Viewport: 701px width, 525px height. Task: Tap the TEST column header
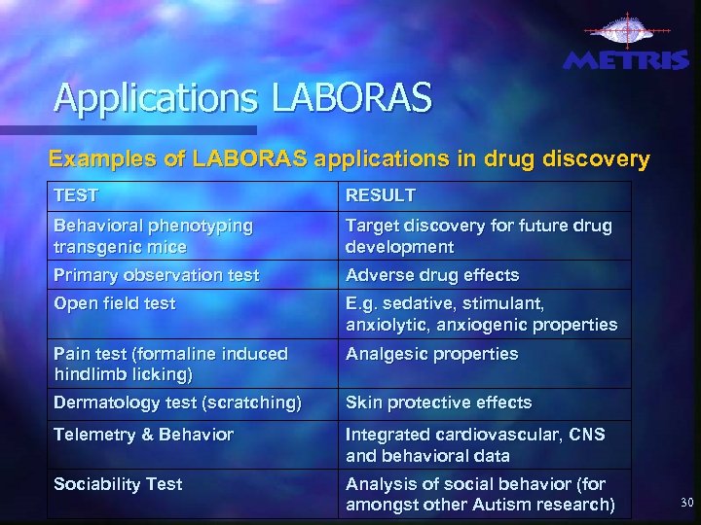76,195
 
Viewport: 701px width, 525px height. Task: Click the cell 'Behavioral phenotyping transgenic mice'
154,235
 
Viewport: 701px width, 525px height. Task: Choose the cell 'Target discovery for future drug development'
479,235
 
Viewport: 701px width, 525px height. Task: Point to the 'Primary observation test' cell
157,275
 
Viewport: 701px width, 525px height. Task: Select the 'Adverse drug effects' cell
432,275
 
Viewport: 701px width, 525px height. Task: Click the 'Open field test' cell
115,303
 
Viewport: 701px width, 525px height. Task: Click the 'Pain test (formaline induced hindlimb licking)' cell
170,363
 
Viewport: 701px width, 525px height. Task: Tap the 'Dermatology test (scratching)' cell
177,402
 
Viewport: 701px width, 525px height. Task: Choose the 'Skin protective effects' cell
439,402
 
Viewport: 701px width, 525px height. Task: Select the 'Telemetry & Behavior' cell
143,435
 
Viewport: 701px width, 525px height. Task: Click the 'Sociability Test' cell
118,483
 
